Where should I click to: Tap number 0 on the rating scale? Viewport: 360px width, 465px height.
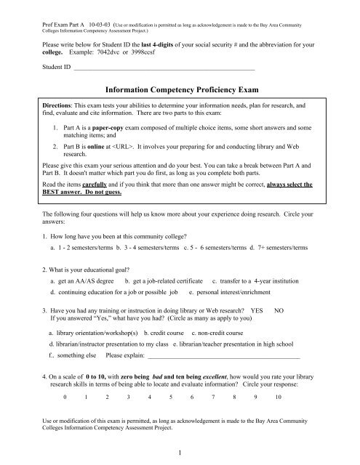pyautogui.click(x=65, y=399)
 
